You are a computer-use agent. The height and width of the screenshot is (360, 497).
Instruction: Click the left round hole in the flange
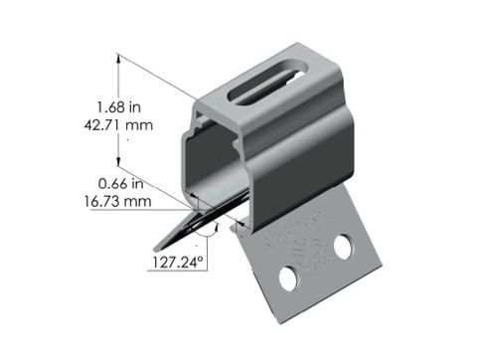pyautogui.click(x=288, y=279)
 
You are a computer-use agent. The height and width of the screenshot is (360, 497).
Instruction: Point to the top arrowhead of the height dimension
pyautogui.click(x=121, y=59)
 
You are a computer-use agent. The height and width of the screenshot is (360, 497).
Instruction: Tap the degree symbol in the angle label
pyautogui.click(x=202, y=260)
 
